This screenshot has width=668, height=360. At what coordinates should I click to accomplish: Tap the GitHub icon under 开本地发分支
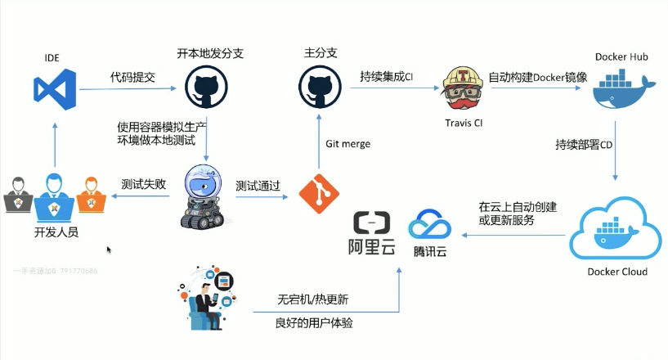(206, 87)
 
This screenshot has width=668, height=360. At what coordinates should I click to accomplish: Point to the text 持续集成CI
(387, 78)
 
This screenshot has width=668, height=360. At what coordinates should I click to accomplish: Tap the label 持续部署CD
(584, 146)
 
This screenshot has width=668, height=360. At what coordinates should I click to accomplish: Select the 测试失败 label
(143, 185)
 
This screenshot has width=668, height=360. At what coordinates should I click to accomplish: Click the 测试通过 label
(258, 186)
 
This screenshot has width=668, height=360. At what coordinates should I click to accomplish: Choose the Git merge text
(347, 144)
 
